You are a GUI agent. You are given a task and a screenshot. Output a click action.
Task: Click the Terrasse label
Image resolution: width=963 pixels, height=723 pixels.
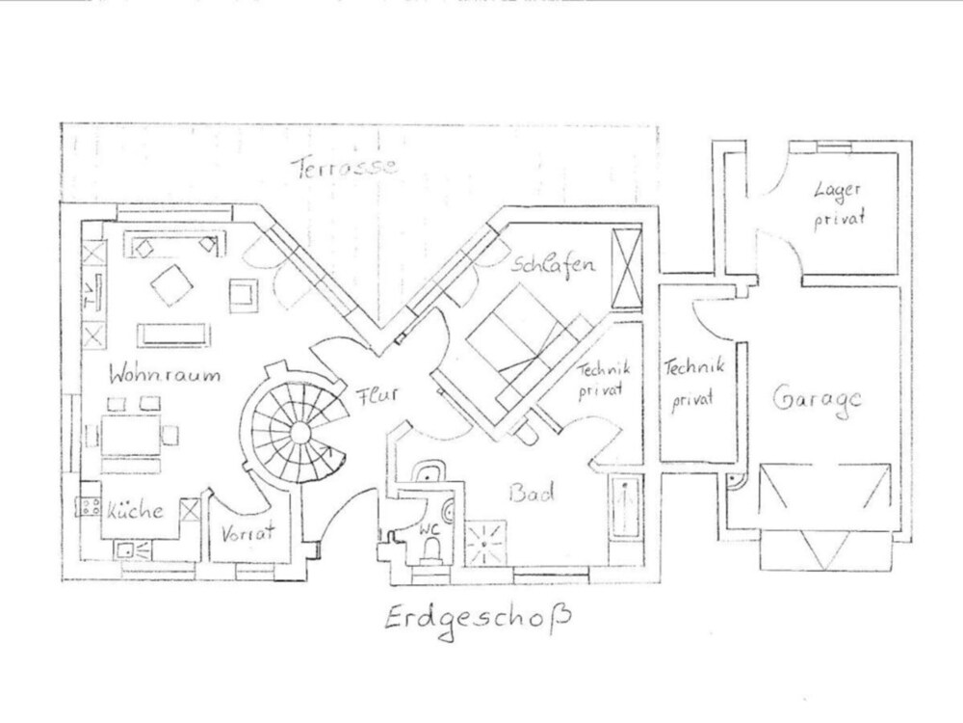(x=344, y=166)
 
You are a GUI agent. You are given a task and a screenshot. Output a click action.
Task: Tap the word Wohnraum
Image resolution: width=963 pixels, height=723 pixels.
(x=164, y=373)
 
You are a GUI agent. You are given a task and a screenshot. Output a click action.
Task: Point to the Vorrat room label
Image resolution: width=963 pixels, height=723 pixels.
(x=247, y=533)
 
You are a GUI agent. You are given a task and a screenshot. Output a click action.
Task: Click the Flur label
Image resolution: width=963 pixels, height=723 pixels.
(x=377, y=395)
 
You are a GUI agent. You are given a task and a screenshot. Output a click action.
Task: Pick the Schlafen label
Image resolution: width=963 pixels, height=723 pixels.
(x=554, y=264)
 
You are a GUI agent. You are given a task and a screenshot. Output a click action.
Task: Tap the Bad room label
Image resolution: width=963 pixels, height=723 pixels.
(x=532, y=493)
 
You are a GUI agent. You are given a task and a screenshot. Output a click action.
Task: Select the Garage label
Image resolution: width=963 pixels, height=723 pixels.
(x=817, y=400)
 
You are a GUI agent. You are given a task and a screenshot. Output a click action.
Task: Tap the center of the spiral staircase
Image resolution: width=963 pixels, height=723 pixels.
(x=300, y=432)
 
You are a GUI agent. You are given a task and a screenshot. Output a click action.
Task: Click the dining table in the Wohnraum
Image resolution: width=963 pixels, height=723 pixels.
(x=131, y=435)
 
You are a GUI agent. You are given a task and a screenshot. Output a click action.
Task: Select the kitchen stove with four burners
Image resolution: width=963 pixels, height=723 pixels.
(x=90, y=507)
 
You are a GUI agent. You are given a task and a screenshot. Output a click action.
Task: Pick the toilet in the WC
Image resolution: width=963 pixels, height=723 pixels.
(x=432, y=549)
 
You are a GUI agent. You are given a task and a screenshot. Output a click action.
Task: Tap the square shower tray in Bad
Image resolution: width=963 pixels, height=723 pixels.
(x=485, y=542)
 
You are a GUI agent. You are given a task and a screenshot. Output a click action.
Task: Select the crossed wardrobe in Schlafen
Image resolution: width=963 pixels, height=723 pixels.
(x=627, y=268)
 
